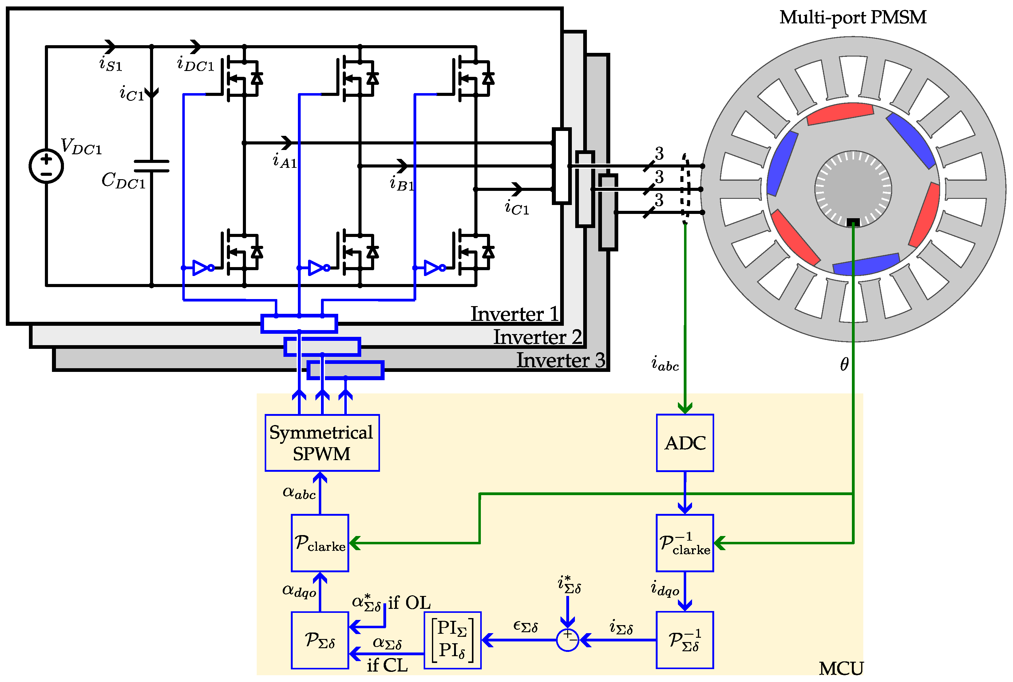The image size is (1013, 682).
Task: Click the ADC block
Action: click(x=685, y=443)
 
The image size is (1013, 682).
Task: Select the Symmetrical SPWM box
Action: click(x=322, y=443)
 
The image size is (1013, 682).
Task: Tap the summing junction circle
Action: click(x=567, y=640)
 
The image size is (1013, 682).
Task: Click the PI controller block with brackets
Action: click(x=452, y=640)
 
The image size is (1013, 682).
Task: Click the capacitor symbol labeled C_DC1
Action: click(x=151, y=166)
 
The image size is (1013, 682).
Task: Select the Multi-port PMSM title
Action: click(x=853, y=18)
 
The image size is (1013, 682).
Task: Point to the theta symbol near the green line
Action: click(x=844, y=365)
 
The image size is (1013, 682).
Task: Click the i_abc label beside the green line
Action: click(x=665, y=364)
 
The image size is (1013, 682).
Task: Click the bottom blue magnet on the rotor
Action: click(x=865, y=264)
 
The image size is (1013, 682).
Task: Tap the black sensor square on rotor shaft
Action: click(x=853, y=222)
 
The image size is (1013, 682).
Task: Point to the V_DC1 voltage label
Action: click(x=81, y=146)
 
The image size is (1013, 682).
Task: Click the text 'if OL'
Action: click(x=409, y=603)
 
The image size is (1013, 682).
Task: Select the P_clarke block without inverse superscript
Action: click(x=320, y=543)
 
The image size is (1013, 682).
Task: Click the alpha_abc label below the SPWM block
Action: click(x=299, y=493)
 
